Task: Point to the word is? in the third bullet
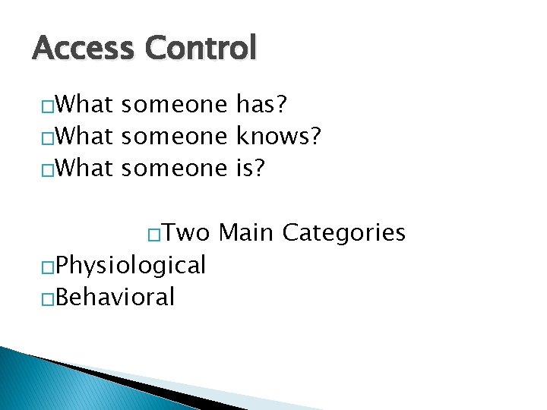click(x=251, y=168)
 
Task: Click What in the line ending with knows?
click(x=84, y=136)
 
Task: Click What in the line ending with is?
click(x=84, y=168)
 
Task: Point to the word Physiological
click(x=130, y=266)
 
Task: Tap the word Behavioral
click(x=115, y=297)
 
